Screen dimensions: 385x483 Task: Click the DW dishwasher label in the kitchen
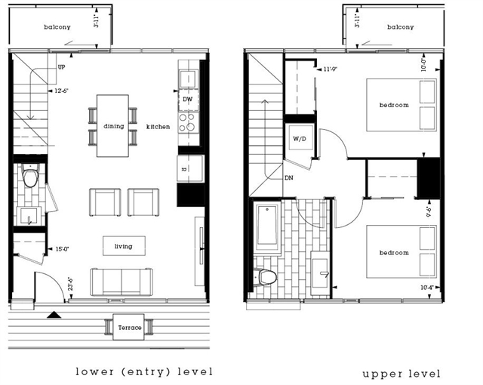coord(187,99)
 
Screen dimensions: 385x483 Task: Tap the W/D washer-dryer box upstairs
coord(297,137)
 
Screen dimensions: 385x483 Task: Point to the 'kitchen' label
coord(158,126)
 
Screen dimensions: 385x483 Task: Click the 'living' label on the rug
coord(124,246)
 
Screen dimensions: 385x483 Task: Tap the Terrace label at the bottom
coord(129,327)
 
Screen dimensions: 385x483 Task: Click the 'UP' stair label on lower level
coord(61,66)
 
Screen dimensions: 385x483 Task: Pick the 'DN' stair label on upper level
coord(288,179)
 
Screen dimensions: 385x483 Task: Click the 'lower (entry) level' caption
coord(144,371)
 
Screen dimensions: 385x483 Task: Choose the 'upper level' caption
coord(401,373)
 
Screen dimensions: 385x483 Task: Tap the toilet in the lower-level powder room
coord(31,178)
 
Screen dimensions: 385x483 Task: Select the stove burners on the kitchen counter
coord(187,122)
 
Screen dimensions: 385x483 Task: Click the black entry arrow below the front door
coord(53,314)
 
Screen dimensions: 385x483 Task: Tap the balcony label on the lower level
coord(57,27)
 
